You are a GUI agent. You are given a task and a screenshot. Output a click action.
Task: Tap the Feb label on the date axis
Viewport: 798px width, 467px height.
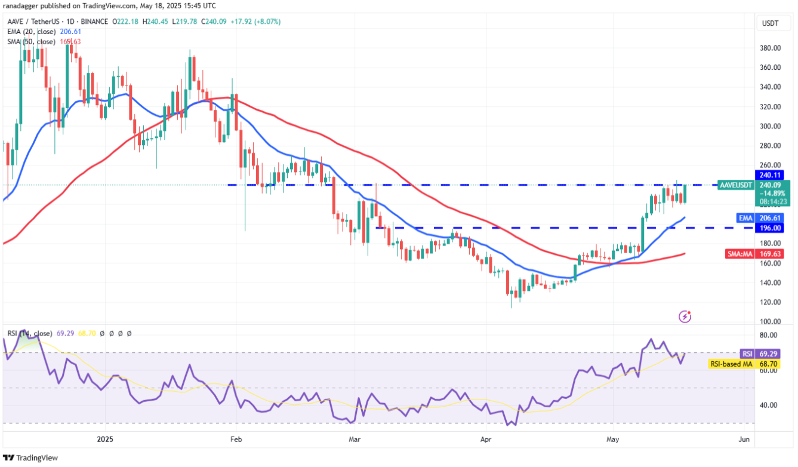click(x=236, y=440)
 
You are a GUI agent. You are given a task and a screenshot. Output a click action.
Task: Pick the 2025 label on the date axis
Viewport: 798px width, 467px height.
click(x=105, y=440)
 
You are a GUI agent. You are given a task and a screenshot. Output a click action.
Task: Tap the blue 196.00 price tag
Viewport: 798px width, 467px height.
click(x=770, y=228)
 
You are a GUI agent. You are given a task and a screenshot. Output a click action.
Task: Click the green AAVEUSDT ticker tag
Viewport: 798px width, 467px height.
click(x=735, y=185)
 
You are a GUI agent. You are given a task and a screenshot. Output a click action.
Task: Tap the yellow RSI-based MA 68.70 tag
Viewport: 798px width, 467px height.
click(x=748, y=363)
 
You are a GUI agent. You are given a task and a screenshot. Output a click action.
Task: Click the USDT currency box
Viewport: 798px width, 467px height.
click(x=770, y=23)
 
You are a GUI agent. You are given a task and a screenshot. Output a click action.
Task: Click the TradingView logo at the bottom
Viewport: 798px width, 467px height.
click(x=30, y=457)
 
